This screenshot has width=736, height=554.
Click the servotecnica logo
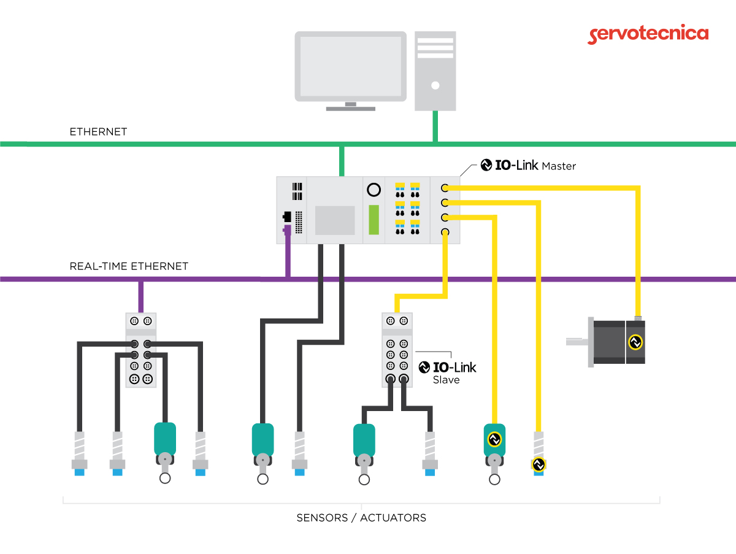[x=648, y=34]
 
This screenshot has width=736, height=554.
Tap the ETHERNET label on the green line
[x=98, y=132]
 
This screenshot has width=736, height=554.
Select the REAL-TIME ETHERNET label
[x=129, y=266]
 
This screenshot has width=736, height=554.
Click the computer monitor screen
[x=350, y=66]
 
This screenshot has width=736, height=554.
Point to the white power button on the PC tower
[x=435, y=85]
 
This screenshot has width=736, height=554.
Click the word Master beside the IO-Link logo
[x=559, y=166]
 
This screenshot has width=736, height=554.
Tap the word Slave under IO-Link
[x=446, y=380]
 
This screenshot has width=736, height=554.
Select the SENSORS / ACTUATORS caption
[x=361, y=518]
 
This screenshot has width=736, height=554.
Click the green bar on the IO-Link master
[x=374, y=220]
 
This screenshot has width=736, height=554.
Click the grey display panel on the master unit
[x=335, y=220]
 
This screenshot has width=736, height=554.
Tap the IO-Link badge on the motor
[x=635, y=342]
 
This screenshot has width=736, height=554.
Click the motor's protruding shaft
[x=577, y=342]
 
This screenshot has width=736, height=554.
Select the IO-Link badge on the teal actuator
[x=494, y=439]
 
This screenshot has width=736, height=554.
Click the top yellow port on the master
[x=445, y=188]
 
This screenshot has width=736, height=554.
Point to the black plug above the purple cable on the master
[x=287, y=217]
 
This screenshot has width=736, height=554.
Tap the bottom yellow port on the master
[x=445, y=232]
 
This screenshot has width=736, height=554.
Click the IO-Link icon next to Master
[x=486, y=165]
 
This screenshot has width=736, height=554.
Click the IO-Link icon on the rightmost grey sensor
[x=539, y=465]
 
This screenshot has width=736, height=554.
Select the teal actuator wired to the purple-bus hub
[x=164, y=439]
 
